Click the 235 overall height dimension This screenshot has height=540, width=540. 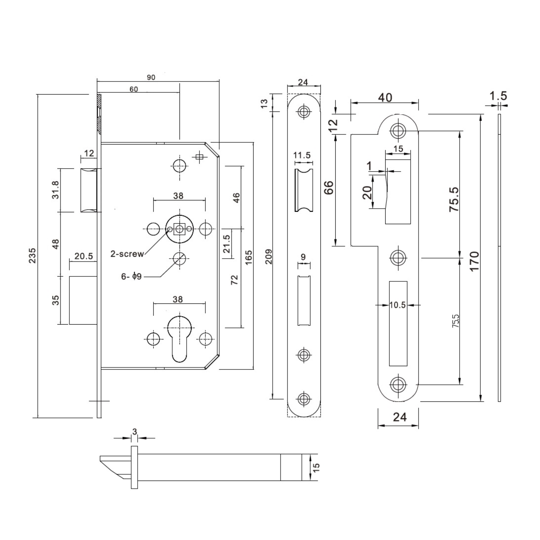click(32, 255)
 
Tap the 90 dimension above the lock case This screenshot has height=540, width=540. click(151, 77)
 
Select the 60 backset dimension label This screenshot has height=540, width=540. click(134, 89)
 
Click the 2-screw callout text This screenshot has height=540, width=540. click(127, 254)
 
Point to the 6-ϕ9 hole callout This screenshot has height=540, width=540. click(131, 276)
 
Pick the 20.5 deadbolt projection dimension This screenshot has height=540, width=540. click(84, 256)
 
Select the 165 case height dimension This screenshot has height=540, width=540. click(248, 257)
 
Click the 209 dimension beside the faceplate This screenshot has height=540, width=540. click(268, 256)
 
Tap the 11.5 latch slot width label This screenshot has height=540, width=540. click(302, 155)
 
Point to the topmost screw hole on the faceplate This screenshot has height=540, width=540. click(304, 112)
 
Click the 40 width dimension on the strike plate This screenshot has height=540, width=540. click(385, 97)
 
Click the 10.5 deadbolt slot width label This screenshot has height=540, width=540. click(397, 305)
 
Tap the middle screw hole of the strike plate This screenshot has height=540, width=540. click(398, 257)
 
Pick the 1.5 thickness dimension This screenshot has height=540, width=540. click(498, 96)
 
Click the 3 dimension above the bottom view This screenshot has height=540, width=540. click(135, 431)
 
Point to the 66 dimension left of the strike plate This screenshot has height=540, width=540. click(329, 187)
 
